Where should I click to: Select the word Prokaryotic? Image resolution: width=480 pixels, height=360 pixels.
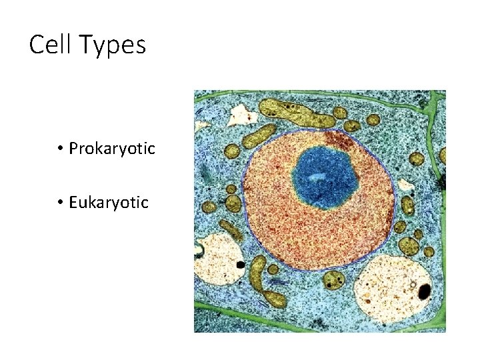[x=111, y=148]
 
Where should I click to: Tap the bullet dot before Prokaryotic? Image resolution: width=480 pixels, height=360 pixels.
[x=60, y=148]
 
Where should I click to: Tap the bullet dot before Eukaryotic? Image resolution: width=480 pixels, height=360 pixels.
[x=60, y=202]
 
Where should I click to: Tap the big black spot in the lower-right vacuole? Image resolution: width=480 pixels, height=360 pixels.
[x=424, y=291]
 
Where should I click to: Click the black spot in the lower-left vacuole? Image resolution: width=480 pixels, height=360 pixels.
[x=240, y=265]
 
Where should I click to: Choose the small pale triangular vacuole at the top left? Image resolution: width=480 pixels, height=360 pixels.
[x=243, y=116]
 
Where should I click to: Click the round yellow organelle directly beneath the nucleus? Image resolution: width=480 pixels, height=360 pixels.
[x=331, y=279]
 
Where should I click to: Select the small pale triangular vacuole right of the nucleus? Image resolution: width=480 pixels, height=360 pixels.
[x=405, y=184]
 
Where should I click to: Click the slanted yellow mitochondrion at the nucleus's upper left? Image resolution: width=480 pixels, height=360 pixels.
[x=259, y=136]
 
